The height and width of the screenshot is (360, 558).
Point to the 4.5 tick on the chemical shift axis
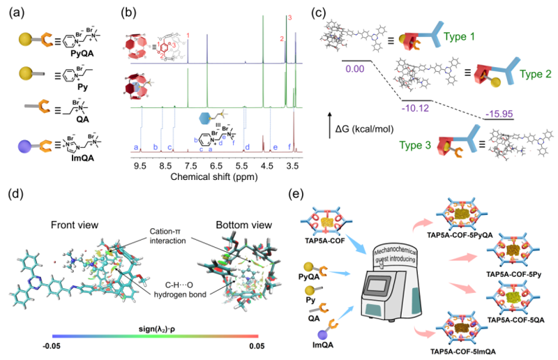[266, 167]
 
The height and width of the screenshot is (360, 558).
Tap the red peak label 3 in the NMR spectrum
[290, 17]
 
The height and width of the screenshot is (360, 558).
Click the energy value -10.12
[414, 109]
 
